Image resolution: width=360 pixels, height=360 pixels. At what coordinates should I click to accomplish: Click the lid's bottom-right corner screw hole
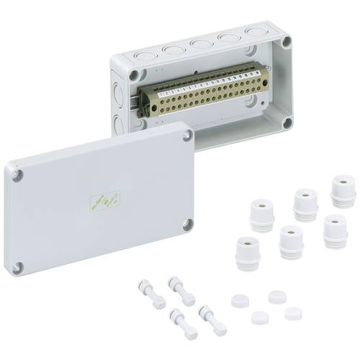(x=189, y=222)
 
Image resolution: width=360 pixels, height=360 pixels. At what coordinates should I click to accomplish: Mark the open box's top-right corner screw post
(x=286, y=42)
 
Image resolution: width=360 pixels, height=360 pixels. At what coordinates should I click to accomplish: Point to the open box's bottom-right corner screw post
(x=287, y=122)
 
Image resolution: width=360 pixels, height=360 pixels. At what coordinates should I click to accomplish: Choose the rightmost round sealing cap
(x=292, y=314)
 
